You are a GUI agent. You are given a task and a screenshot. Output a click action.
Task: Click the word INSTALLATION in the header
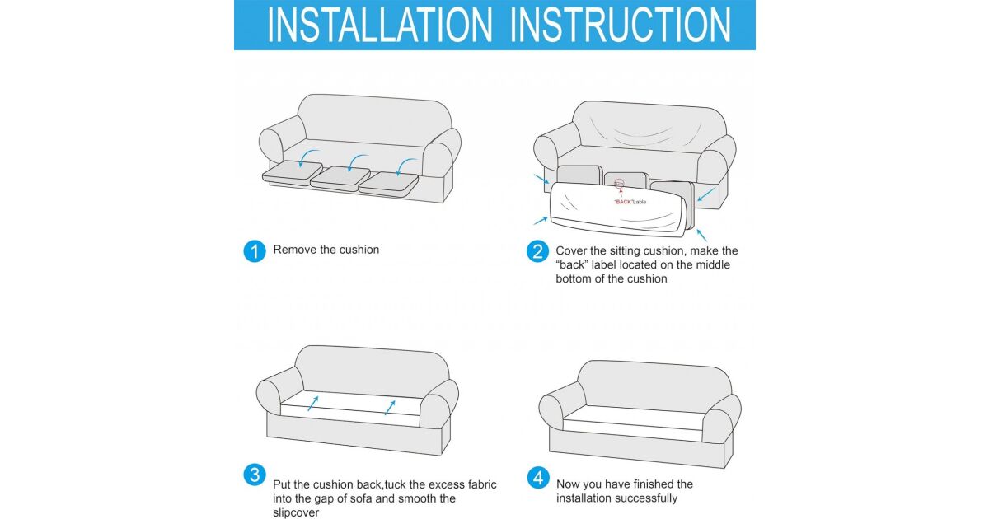pos(380,26)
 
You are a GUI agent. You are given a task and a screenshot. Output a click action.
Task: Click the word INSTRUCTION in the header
pos(621,26)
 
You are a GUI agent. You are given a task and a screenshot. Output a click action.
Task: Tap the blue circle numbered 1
pos(255,251)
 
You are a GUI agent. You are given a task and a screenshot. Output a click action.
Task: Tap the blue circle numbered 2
pos(537,251)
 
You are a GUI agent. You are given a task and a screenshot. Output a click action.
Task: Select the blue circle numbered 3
pos(255,475)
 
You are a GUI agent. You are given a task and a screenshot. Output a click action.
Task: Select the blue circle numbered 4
pos(538,478)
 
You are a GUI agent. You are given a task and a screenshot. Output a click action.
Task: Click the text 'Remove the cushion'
pos(326,250)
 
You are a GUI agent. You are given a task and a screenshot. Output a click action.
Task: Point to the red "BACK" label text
pos(623,202)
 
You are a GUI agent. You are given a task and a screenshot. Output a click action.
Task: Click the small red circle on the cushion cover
pos(619,184)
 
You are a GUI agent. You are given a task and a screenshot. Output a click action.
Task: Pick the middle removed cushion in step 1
pos(340,178)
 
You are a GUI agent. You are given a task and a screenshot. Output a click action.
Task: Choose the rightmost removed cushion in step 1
pos(388,184)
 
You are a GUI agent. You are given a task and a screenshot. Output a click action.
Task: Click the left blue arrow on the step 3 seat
pos(313,403)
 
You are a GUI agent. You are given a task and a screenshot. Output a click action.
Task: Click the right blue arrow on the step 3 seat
pos(390,407)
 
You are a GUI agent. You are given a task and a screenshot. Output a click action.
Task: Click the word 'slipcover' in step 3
pos(295,512)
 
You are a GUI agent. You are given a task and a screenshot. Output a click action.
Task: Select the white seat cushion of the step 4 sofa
pos(635,423)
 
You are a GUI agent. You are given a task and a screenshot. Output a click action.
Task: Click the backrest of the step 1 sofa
pos(374,119)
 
